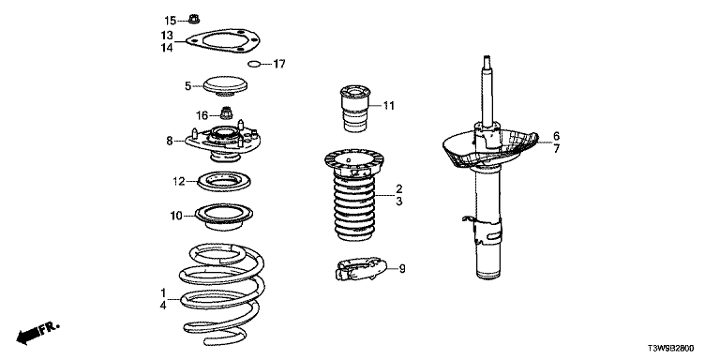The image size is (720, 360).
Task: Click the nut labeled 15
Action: (194, 20)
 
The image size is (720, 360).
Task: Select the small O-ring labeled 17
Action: (254, 64)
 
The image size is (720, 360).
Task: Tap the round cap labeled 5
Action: (225, 86)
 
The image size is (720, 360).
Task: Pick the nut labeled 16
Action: (225, 112)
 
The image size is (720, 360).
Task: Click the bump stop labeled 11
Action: (354, 109)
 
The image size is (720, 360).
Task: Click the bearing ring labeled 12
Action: (224, 182)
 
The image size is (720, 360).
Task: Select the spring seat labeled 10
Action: (224, 219)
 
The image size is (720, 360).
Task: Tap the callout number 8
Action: (170, 142)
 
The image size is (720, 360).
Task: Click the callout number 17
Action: (279, 64)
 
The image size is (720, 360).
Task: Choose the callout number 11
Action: (389, 106)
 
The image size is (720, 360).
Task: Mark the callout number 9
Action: (402, 270)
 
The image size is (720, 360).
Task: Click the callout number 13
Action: (167, 35)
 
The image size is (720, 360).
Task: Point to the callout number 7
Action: (557, 149)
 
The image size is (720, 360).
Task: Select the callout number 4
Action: (163, 304)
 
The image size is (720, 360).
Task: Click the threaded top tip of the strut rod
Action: (487, 59)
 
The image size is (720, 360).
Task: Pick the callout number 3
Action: (399, 202)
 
